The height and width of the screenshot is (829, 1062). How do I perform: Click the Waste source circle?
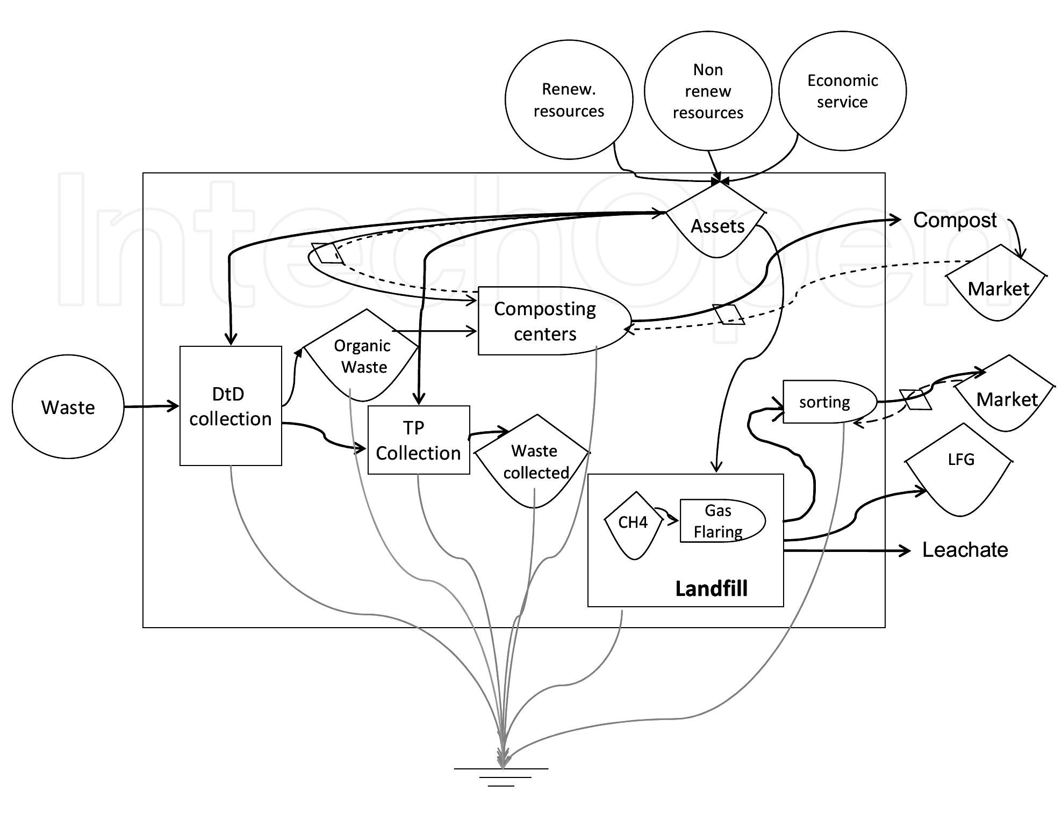pos(68,406)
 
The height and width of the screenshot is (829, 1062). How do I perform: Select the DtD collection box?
pos(230,406)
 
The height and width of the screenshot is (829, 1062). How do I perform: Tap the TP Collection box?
pos(418,440)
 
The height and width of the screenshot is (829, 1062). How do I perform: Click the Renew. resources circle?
pos(569,100)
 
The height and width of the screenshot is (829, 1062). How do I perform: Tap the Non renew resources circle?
pos(707,91)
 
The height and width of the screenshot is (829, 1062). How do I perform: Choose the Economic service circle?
pos(842,91)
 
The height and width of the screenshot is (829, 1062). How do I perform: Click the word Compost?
pos(955,220)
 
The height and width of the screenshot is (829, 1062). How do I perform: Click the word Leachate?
pos(965,550)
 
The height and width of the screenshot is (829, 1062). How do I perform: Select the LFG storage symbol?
pos(959,468)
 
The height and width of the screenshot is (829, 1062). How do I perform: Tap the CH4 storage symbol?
pos(633,523)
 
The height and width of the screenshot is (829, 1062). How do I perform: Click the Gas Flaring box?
pos(720,521)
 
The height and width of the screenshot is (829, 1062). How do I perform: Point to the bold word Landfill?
pos(711,588)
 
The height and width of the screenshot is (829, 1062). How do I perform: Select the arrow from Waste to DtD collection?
pos(151,406)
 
